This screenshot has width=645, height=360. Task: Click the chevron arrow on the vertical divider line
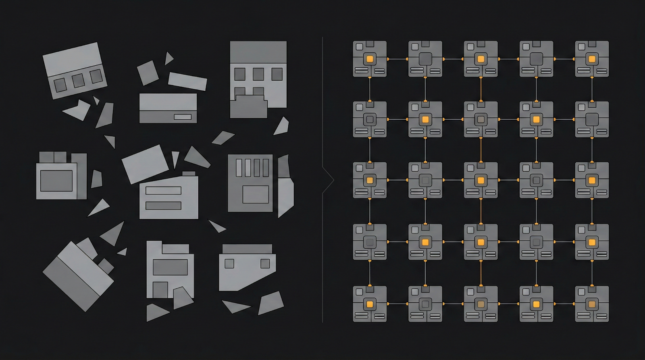coord(329,180)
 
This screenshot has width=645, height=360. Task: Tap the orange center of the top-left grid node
coord(370,59)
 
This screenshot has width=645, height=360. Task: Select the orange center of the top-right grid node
coord(592,59)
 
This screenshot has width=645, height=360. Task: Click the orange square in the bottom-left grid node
coord(370,304)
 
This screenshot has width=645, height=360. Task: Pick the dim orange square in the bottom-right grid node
coord(592,304)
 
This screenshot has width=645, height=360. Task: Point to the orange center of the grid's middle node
coord(481,180)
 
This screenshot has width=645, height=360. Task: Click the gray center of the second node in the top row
coord(425,59)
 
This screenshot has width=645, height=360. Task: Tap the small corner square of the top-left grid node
coord(359,47)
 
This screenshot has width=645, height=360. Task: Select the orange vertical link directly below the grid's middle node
coord(481,211)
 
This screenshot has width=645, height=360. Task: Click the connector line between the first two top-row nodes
coord(397,59)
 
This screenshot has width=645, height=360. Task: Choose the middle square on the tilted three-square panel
coord(78,81)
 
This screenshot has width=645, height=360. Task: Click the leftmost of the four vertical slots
coord(239,168)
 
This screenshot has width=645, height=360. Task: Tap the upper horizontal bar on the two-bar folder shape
coord(163,191)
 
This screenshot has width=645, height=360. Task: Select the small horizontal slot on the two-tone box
coord(183,117)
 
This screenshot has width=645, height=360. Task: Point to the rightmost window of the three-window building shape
coord(277,74)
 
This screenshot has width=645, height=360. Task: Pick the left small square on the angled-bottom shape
coord(229,264)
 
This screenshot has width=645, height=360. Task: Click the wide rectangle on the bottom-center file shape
coord(170,267)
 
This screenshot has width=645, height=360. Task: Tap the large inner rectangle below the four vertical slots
coord(256,194)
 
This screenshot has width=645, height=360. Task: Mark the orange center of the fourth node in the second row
coord(536,119)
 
